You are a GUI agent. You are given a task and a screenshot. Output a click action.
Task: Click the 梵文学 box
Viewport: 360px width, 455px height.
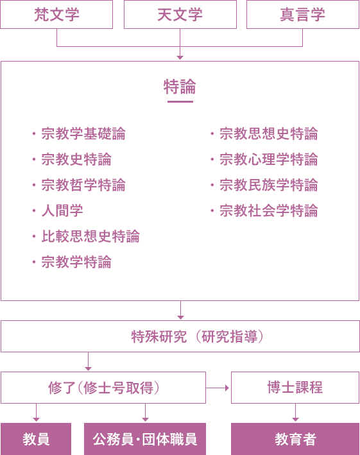point(56,15)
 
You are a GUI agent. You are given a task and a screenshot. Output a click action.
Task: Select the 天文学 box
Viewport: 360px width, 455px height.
point(180,15)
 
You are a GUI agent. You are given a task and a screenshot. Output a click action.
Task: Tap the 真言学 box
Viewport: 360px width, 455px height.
point(303,15)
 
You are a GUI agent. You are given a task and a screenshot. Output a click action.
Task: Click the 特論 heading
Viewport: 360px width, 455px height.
point(180,87)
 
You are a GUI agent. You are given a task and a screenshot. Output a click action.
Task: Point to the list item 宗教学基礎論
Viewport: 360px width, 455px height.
point(83,134)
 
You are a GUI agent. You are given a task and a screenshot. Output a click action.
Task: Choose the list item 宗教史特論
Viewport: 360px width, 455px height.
point(76,160)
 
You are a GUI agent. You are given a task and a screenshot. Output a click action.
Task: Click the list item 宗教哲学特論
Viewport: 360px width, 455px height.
point(83,185)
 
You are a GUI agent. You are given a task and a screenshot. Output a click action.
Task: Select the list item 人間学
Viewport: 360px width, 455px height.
point(62,210)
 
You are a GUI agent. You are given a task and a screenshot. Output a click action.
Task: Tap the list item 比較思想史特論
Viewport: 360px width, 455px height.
point(90,236)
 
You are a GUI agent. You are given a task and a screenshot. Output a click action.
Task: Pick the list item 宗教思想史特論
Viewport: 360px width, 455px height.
point(269,134)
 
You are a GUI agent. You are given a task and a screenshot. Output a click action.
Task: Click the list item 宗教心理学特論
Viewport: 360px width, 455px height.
point(269,160)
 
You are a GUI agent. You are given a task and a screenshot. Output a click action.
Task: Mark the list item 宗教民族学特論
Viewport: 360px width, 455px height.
point(269,185)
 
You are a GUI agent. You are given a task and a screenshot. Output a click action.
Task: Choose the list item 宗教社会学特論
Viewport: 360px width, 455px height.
point(269,210)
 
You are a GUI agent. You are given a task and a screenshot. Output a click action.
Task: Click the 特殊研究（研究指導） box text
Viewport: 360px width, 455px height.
point(198,337)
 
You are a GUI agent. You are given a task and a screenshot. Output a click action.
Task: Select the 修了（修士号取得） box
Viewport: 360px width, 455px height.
point(103,388)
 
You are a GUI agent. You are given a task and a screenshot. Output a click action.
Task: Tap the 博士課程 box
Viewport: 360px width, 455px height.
point(295,388)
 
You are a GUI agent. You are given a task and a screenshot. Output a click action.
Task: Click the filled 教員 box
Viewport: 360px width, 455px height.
point(36,439)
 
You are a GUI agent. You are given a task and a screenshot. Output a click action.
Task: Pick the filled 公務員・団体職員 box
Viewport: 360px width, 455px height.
point(145,439)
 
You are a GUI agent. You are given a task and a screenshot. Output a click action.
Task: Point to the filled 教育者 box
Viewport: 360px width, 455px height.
point(295,439)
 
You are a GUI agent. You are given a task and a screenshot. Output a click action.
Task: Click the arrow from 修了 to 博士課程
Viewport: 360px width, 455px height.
point(218,388)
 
